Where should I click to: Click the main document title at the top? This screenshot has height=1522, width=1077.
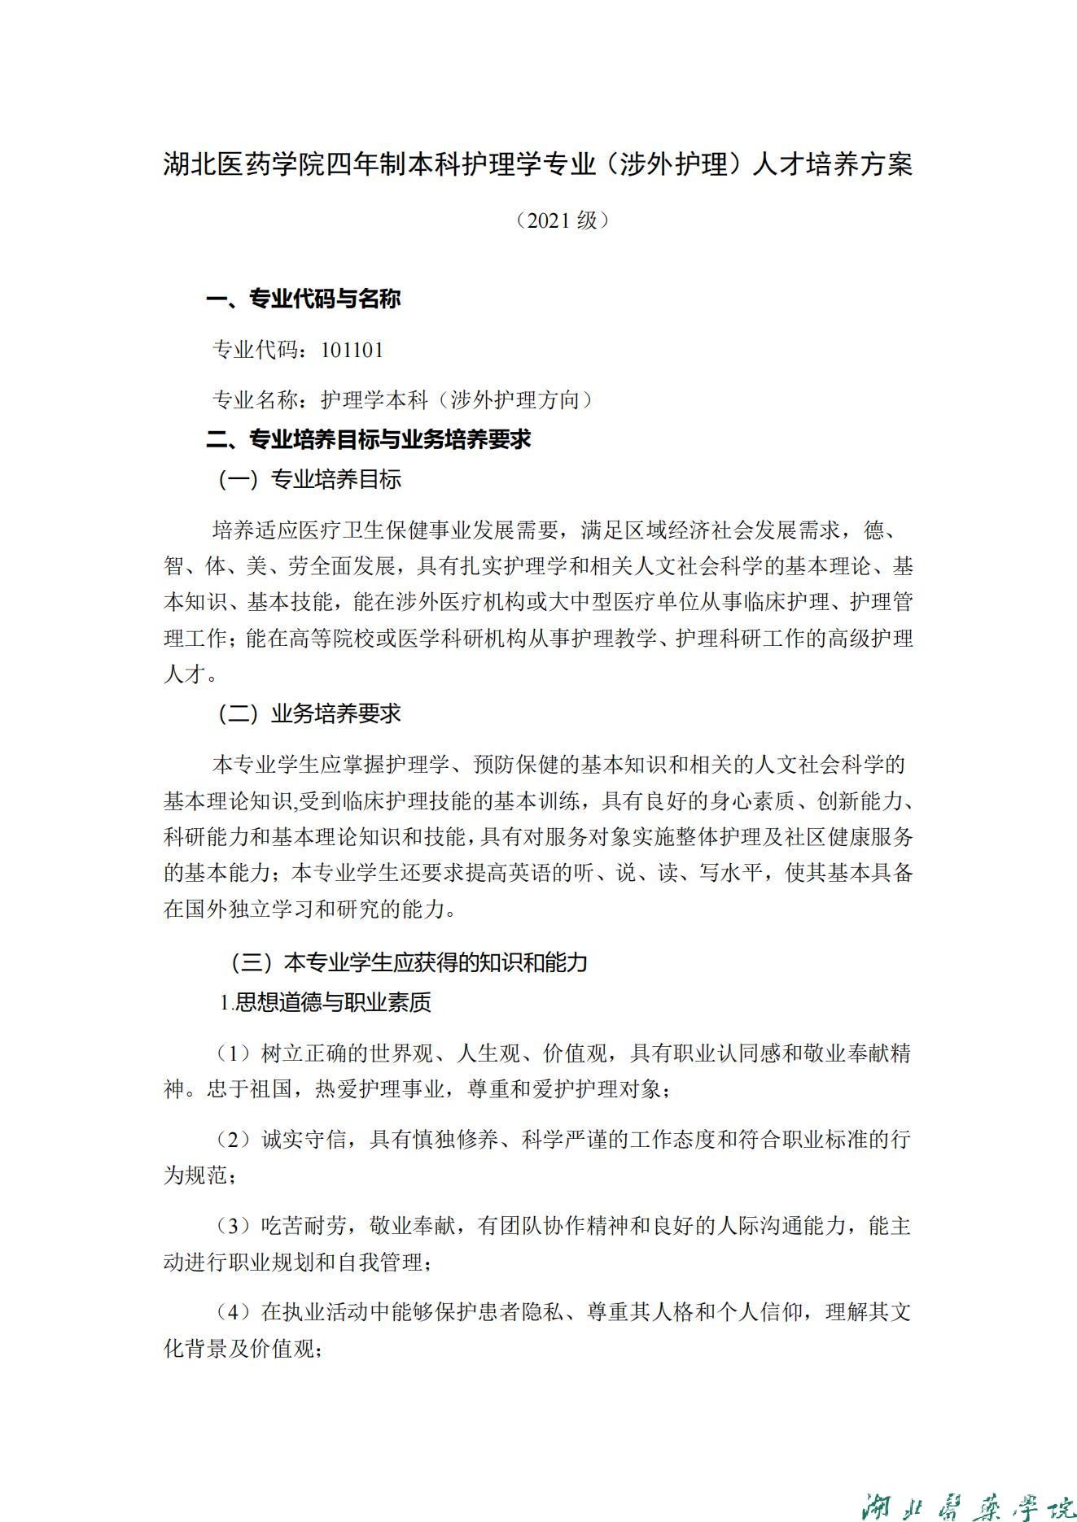tap(537, 165)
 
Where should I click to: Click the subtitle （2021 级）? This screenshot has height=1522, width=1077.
tap(563, 220)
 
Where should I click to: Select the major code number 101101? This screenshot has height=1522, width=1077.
tap(352, 351)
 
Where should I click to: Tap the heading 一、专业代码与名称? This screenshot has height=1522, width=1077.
tap(304, 299)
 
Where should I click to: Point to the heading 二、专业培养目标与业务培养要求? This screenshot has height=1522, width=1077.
tap(369, 440)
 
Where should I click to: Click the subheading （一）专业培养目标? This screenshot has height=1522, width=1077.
tap(309, 480)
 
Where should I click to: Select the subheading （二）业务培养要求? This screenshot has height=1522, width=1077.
tap(309, 714)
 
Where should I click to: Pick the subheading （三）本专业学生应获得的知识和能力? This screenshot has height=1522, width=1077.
tap(409, 963)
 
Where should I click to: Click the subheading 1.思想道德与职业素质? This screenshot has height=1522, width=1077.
tap(326, 1003)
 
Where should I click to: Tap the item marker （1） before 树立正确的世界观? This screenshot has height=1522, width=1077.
tap(235, 1054)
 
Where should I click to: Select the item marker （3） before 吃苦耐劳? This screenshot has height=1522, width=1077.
tap(235, 1227)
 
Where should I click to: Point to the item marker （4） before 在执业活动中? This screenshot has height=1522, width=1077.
tap(235, 1313)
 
